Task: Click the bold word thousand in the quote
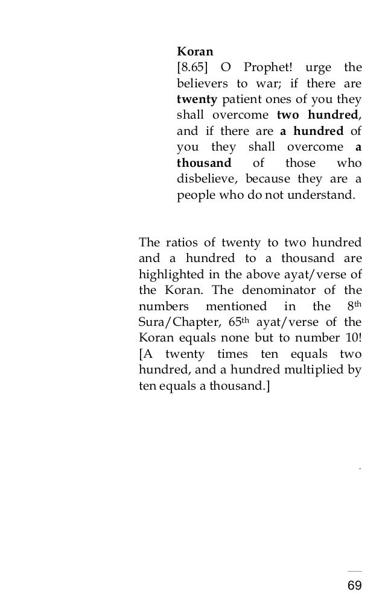[x=203, y=163]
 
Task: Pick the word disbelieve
[x=208, y=180]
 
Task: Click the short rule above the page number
[x=355, y=570]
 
